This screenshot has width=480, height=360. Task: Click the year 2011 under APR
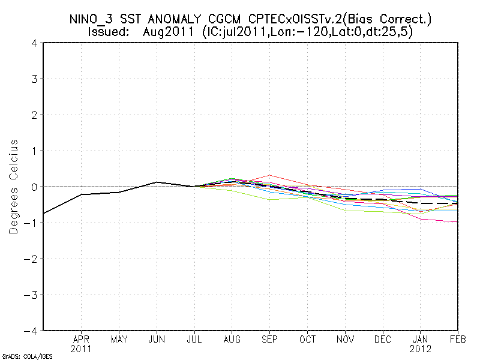[81, 348]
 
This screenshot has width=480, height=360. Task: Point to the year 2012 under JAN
[421, 348]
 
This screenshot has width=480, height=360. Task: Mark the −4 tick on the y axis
[32, 331]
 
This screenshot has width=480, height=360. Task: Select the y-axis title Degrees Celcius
[14, 187]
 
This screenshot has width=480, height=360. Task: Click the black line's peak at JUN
[157, 182]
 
